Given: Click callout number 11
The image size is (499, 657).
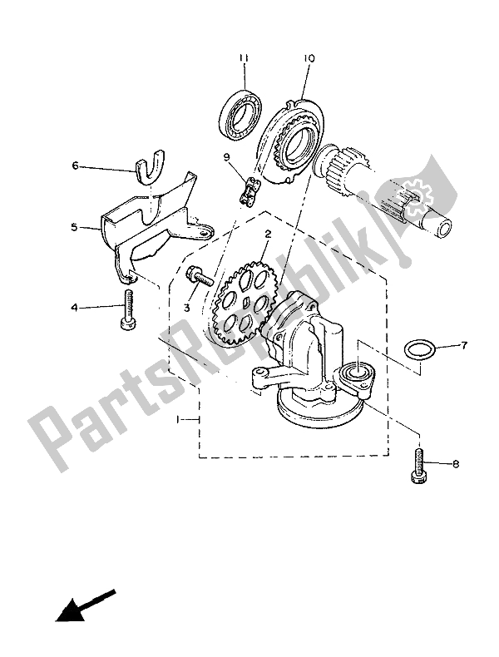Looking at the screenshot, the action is click(x=244, y=57).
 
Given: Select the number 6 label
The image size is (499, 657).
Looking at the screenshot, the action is click(x=75, y=166).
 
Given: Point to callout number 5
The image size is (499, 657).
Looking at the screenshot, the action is click(x=74, y=228).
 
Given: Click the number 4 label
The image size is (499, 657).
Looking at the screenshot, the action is click(x=74, y=308).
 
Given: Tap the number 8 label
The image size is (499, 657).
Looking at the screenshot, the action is click(x=456, y=464).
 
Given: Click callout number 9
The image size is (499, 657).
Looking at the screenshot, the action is click(x=227, y=157).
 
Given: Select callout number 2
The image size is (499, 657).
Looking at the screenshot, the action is click(x=268, y=234).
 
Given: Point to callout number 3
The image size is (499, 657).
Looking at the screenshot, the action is click(x=187, y=308).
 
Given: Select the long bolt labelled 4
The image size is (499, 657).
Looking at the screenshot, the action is click(x=126, y=310).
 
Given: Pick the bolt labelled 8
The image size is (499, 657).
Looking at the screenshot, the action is click(x=419, y=466).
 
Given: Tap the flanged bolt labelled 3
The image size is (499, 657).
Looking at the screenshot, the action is click(x=200, y=277).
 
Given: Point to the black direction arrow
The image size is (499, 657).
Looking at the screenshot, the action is click(x=85, y=606).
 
